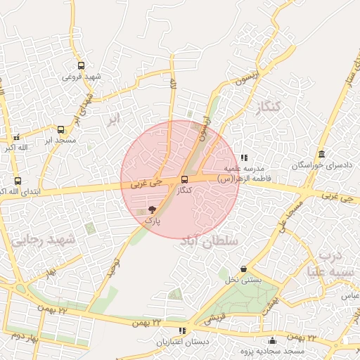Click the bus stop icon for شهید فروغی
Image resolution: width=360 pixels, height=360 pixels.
82,65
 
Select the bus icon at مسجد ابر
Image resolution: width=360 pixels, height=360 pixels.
60,130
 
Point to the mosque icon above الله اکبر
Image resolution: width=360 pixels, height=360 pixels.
16,137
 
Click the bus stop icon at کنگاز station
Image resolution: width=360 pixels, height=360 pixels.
184,180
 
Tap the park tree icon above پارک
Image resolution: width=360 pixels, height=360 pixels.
153,210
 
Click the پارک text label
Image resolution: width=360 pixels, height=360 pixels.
153,220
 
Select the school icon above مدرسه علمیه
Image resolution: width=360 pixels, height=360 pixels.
243,158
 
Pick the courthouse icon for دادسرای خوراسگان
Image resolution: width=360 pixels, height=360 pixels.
321,155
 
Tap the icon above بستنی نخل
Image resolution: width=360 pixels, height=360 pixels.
243,269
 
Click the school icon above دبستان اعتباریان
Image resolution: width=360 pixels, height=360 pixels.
182,330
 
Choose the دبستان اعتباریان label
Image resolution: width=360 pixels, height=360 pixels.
182,342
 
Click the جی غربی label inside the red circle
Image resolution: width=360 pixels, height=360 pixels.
146,183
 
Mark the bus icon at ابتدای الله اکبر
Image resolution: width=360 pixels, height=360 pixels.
18,181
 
